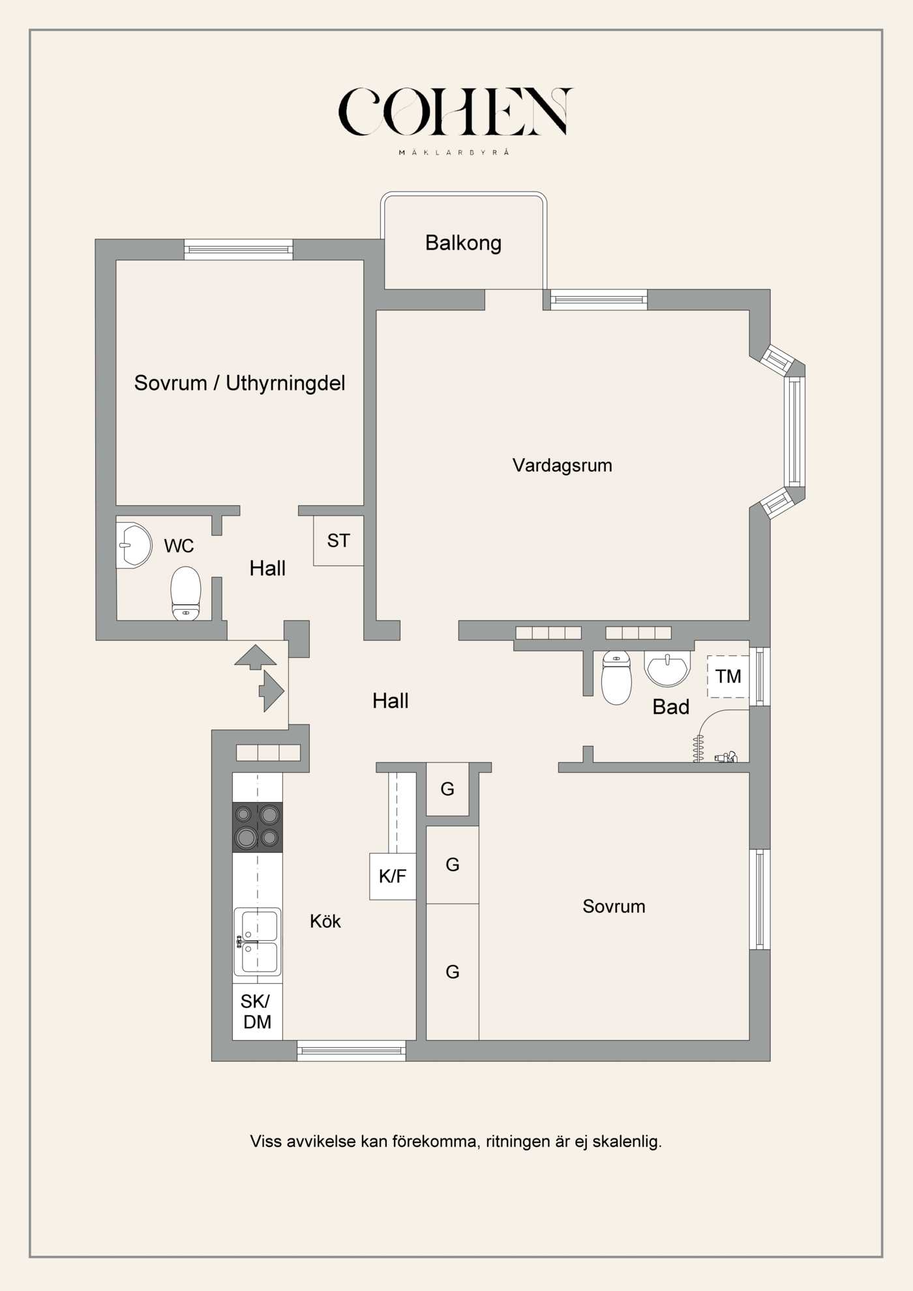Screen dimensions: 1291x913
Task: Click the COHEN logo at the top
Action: click(x=455, y=113)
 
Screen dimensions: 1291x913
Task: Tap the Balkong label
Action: click(x=463, y=243)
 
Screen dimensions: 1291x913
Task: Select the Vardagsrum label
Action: click(x=562, y=466)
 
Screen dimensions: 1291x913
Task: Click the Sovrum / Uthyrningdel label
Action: click(x=239, y=383)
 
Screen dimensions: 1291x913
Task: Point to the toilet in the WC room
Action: click(x=186, y=592)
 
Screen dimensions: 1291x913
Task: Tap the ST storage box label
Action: click(x=338, y=541)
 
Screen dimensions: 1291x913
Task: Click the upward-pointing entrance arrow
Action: click(x=256, y=656)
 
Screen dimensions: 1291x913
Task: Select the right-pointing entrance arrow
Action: click(x=272, y=690)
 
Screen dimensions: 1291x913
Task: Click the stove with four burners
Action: click(x=258, y=827)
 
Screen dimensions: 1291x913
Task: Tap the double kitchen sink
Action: click(x=258, y=941)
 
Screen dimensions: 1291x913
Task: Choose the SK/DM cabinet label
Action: click(x=257, y=1012)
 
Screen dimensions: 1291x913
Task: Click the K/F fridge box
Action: click(x=393, y=876)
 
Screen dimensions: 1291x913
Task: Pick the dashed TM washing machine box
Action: click(x=728, y=677)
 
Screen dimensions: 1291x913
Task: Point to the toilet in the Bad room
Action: click(x=616, y=678)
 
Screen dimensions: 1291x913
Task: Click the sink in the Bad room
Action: click(x=667, y=668)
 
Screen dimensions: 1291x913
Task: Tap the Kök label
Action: click(x=325, y=921)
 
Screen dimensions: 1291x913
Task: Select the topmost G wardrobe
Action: click(x=447, y=790)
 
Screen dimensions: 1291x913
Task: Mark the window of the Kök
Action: click(x=352, y=1050)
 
